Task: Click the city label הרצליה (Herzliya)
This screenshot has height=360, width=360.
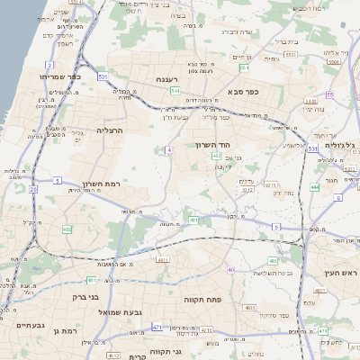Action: pyautogui.click(x=109, y=130)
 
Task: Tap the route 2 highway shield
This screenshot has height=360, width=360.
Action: pyautogui.click(x=49, y=66)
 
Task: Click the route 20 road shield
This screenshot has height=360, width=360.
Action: pyautogui.click(x=33, y=189)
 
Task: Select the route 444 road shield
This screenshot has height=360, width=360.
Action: pyautogui.click(x=315, y=186)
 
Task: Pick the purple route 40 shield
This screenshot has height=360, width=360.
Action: pyautogui.click(x=230, y=269)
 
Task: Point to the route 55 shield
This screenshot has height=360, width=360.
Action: pyautogui.click(x=329, y=94)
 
